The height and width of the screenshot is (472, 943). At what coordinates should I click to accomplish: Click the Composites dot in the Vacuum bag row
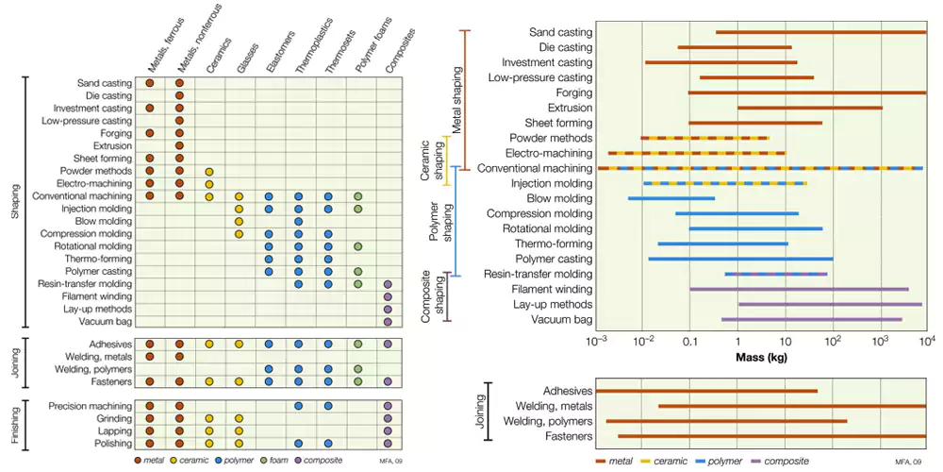(388, 322)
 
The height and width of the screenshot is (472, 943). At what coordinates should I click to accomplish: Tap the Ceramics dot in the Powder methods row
(209, 171)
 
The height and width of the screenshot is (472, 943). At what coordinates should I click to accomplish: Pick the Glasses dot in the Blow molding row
(239, 221)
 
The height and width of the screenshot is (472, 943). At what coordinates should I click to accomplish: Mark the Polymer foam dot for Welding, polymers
(357, 369)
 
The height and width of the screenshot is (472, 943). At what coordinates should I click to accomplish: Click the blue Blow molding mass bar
(670, 198)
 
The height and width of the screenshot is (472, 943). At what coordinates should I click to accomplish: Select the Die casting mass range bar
(734, 47)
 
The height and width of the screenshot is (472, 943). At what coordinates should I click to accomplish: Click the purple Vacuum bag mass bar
(811, 319)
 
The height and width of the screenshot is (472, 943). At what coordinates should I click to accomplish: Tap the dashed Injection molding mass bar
(724, 183)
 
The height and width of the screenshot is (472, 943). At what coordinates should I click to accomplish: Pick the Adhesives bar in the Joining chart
(706, 391)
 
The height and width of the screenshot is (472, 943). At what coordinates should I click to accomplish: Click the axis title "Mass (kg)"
(760, 358)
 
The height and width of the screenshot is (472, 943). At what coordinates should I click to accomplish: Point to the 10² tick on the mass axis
(833, 341)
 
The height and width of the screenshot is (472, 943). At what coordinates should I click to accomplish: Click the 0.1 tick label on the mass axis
(689, 341)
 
